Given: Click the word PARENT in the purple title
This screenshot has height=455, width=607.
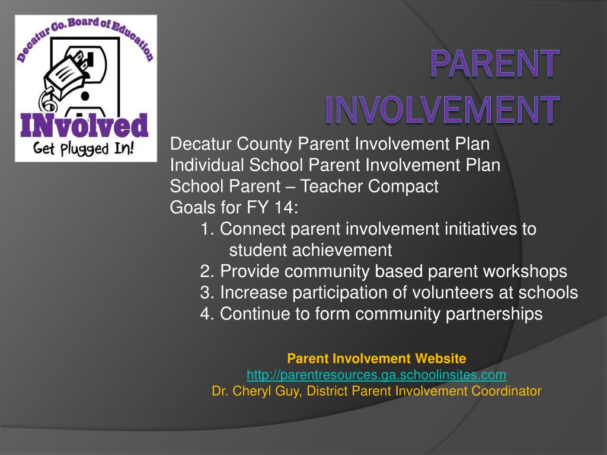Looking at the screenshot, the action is coord(494,63).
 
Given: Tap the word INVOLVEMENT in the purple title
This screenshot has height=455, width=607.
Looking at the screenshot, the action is coord(442,109).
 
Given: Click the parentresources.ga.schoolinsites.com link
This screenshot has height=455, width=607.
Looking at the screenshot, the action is coord(376,374).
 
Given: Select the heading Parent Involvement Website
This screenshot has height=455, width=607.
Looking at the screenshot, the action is coord(376,358).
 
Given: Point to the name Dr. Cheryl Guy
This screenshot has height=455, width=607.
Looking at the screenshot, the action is coord(256,391).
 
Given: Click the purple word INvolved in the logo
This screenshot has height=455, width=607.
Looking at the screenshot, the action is coord(84,126).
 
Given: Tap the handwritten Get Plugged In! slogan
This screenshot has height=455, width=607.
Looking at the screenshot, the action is coord(83,149).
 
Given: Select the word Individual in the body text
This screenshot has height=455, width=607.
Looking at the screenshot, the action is coord(207,165).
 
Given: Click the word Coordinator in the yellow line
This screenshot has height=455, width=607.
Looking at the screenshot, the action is coord(506,391).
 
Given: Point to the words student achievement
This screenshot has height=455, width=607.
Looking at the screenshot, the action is coord(311,250).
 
